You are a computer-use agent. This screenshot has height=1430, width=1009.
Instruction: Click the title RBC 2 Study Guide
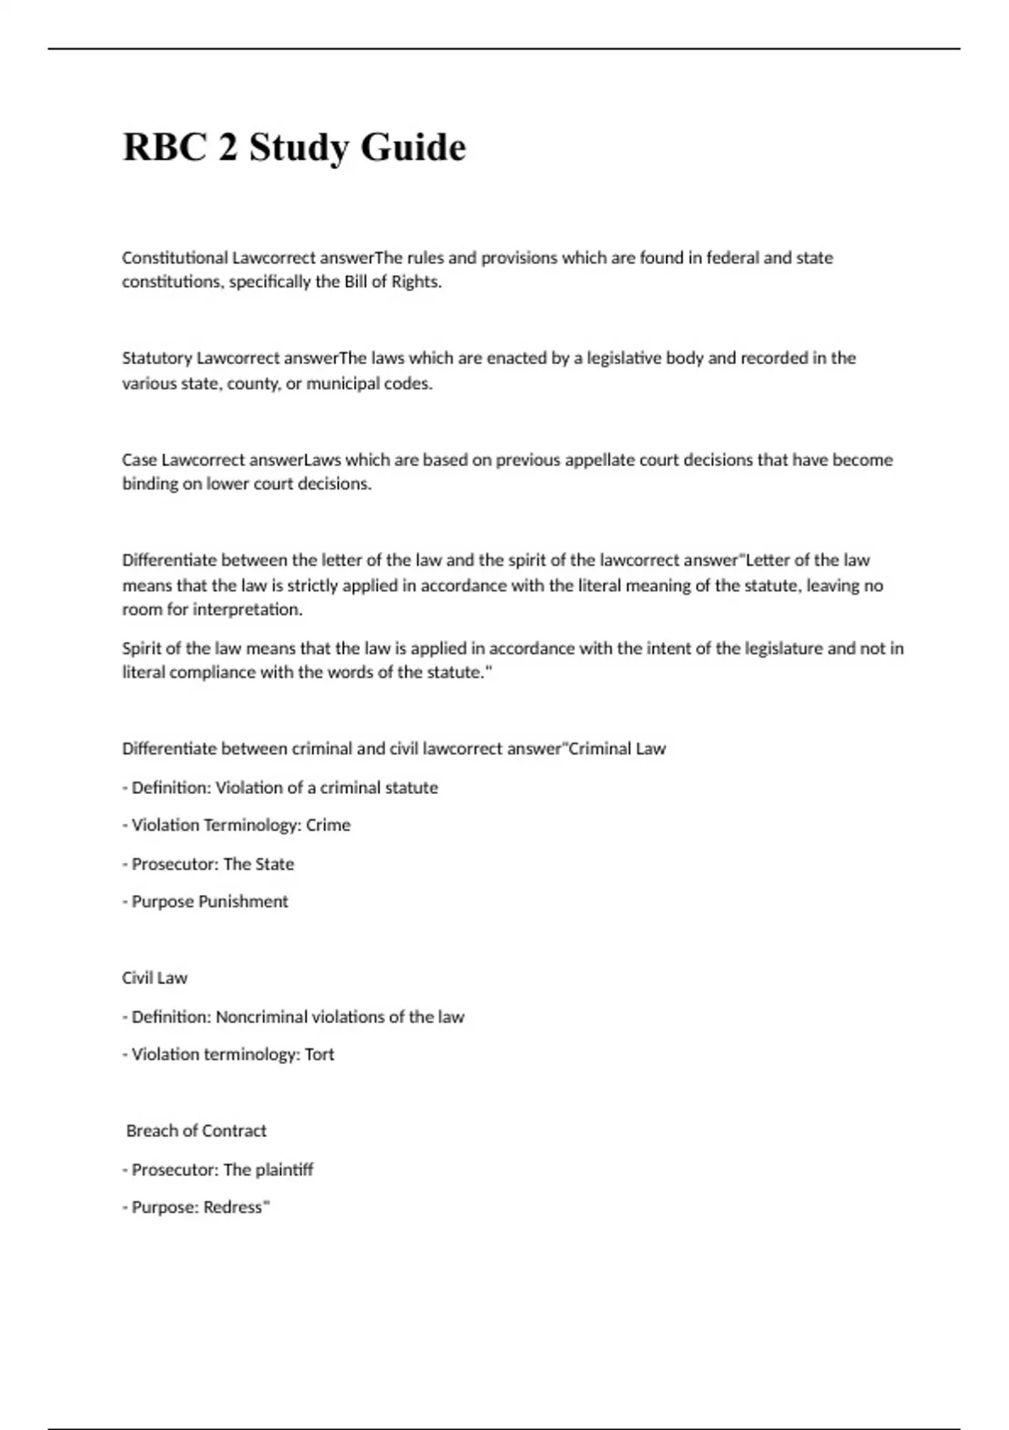coord(294,147)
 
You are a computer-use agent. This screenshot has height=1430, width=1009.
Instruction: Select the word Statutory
coord(157,358)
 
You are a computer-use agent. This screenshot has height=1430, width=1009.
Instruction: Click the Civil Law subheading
coord(155,977)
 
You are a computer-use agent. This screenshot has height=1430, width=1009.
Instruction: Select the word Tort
coord(320,1054)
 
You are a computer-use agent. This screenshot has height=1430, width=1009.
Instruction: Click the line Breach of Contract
coord(196,1131)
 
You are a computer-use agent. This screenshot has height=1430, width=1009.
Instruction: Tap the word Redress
coord(233,1207)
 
